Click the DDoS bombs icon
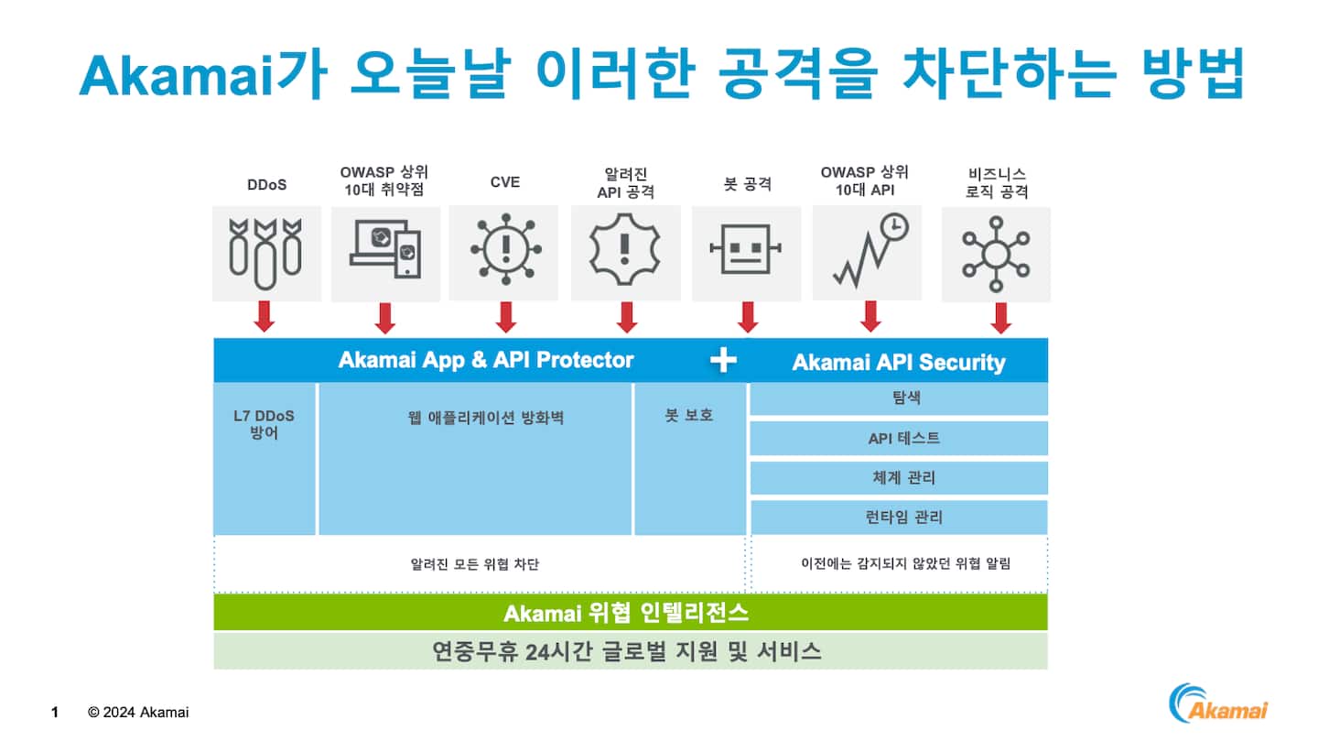(265, 248)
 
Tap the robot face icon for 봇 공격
(746, 249)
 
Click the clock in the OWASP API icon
(894, 227)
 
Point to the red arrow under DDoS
(265, 316)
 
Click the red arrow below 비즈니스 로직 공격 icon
(1000, 318)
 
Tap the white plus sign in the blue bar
(723, 361)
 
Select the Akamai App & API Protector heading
(485, 360)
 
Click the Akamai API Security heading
(898, 363)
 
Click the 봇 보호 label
(689, 415)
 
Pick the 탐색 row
(899, 399)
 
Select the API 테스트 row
(899, 439)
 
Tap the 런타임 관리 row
(899, 518)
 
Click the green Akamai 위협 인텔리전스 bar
(630, 613)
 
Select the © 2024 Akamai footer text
(138, 712)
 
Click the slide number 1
(55, 712)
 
